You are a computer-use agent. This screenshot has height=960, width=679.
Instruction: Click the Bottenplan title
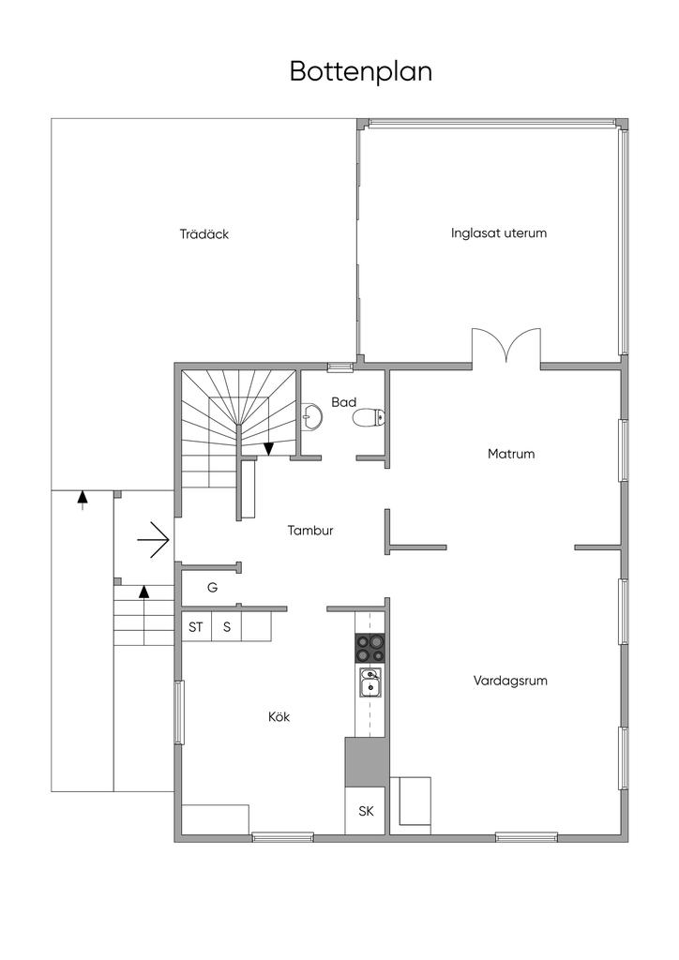pyautogui.click(x=361, y=71)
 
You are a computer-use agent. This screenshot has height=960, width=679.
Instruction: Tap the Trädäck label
pyautogui.click(x=204, y=233)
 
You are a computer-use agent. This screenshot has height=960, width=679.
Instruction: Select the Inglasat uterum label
pyautogui.click(x=498, y=232)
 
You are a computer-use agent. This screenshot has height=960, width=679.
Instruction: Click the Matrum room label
pyautogui.click(x=510, y=454)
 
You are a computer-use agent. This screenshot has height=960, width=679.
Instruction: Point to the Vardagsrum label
pyautogui.click(x=510, y=681)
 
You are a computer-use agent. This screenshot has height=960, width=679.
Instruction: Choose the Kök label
pyautogui.click(x=279, y=716)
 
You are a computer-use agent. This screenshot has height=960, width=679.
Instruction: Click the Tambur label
pyautogui.click(x=310, y=531)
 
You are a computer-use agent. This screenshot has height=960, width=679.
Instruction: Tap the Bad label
pyautogui.click(x=343, y=402)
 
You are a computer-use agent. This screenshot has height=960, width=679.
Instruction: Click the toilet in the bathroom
pyautogui.click(x=369, y=417)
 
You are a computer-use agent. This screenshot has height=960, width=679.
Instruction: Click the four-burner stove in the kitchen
pyautogui.click(x=370, y=649)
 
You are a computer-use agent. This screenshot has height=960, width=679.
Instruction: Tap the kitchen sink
pyautogui.click(x=370, y=682)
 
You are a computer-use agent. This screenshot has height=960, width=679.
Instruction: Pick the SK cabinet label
pyautogui.click(x=366, y=811)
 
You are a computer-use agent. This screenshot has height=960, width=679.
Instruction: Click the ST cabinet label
pyautogui.click(x=196, y=627)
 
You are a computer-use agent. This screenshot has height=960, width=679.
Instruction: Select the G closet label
pyautogui.click(x=213, y=588)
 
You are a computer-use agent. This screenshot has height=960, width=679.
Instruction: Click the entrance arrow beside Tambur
pyautogui.click(x=153, y=540)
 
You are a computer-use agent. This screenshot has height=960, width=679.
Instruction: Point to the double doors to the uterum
pyautogui.click(x=505, y=347)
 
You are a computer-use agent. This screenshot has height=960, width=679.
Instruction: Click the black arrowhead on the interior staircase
pyautogui.click(x=268, y=449)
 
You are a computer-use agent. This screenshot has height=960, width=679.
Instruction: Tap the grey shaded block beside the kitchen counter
pyautogui.click(x=366, y=762)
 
